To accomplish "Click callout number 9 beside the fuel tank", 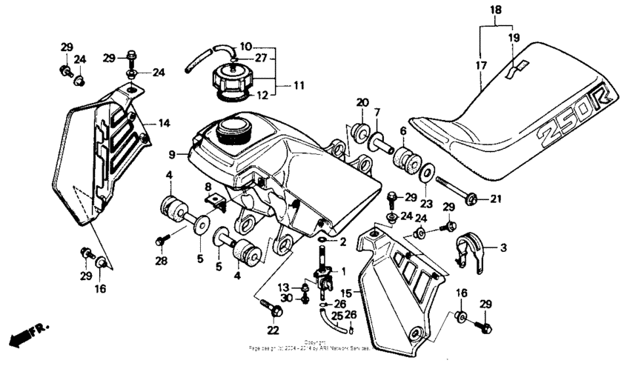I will pyautogui.click(x=172, y=155).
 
